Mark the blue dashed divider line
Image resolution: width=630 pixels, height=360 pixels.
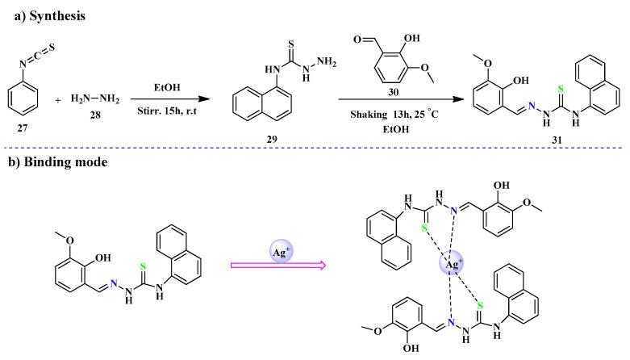(315, 148)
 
